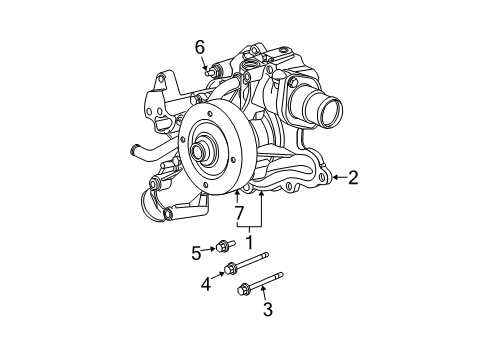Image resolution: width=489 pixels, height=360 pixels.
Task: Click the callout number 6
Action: [199, 47]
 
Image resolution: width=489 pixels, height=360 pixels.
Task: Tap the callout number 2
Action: [352, 177]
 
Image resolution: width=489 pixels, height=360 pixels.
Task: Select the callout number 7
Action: [239, 213]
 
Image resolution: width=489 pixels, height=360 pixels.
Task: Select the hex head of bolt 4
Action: [233, 267]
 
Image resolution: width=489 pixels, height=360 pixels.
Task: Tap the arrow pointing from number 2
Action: [336, 177]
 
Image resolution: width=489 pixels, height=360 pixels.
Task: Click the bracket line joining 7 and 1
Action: [250, 226]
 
